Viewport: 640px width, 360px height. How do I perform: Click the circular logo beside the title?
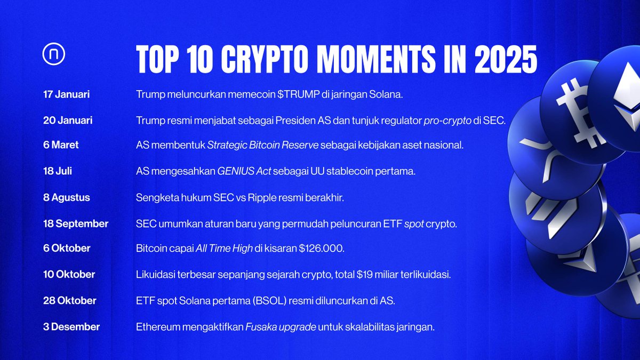54,55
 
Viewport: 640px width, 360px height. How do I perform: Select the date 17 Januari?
66,94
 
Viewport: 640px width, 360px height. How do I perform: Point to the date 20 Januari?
68,121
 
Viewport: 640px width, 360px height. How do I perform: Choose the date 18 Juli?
58,172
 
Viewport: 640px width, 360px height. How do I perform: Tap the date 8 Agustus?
67,197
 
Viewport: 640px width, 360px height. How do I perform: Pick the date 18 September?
76,223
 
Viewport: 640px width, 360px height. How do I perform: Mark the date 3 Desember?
71,326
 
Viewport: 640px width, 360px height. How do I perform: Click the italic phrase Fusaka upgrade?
280,326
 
